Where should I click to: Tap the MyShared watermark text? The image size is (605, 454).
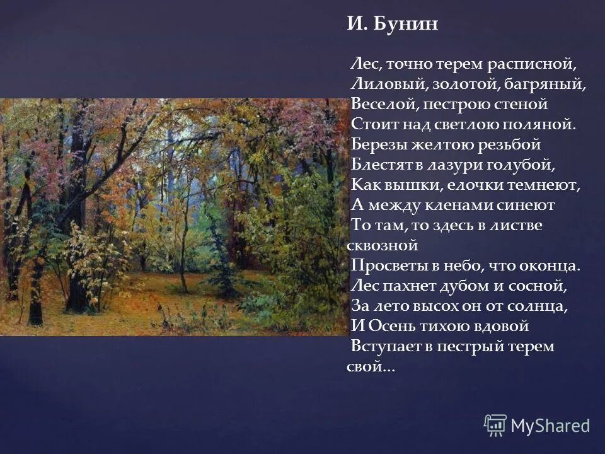pos(550,426)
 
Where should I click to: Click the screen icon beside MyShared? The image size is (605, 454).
pos(495,425)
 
